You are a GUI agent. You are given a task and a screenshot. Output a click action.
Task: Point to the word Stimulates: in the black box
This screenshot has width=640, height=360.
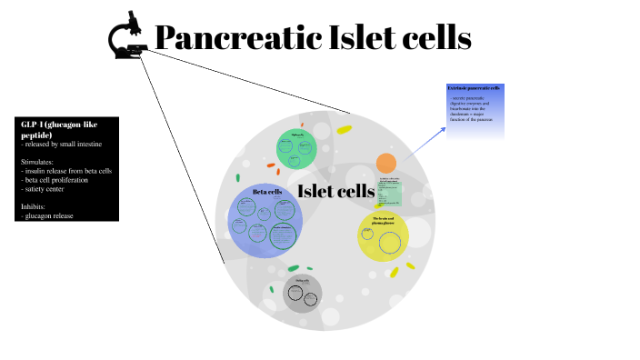point(39,161)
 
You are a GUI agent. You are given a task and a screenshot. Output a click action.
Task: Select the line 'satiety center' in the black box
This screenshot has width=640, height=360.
point(54,188)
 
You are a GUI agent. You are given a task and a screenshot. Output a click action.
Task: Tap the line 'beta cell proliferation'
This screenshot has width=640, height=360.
point(64,179)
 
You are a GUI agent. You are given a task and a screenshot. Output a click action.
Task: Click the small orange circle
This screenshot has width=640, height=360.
point(386,164)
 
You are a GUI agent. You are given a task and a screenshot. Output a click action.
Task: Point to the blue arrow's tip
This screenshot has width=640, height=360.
point(445,127)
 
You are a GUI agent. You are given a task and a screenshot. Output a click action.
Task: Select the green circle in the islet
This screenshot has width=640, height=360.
point(296,149)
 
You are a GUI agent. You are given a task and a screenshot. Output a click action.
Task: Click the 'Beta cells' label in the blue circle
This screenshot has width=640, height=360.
point(267,192)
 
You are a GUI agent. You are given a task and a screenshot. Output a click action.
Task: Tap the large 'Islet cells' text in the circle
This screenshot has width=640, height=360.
point(336,191)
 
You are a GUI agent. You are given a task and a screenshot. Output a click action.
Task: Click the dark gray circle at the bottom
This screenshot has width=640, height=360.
point(302,294)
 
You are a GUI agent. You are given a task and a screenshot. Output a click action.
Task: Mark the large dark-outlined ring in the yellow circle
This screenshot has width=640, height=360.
point(391,243)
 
